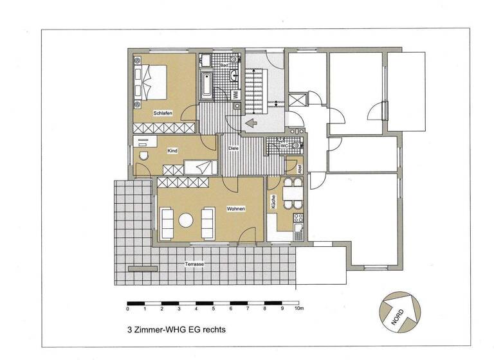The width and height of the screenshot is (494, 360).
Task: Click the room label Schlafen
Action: pyautogui.click(x=163, y=113)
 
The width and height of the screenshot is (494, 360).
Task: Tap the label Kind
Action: pyautogui.click(x=172, y=151)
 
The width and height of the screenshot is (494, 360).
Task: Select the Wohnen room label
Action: pyautogui.click(x=234, y=209)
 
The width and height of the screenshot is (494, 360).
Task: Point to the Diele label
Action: pyautogui.click(x=233, y=149)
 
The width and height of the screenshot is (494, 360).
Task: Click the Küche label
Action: pyautogui.click(x=273, y=202)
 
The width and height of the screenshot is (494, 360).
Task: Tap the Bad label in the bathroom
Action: pyautogui.click(x=224, y=66)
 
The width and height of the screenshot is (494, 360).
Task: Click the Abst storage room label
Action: pyautogui.click(x=298, y=166)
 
